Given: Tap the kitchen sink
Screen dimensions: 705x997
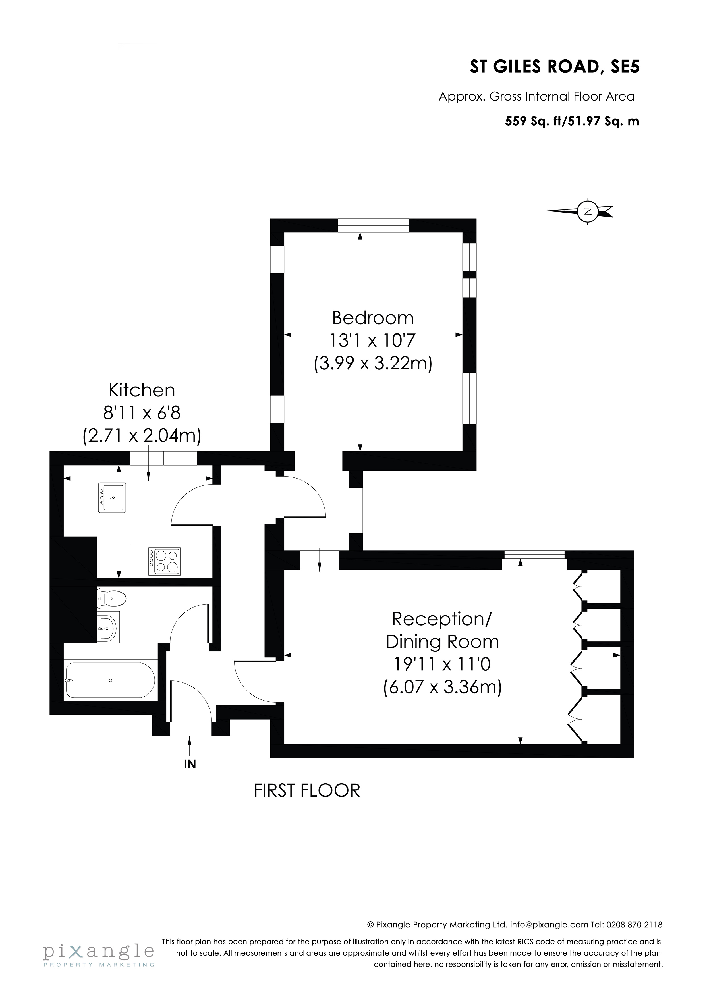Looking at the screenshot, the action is [112, 498].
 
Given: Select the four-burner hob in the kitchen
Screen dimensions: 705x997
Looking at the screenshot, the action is [164, 562].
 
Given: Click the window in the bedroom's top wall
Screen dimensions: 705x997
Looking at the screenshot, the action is [373, 226].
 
